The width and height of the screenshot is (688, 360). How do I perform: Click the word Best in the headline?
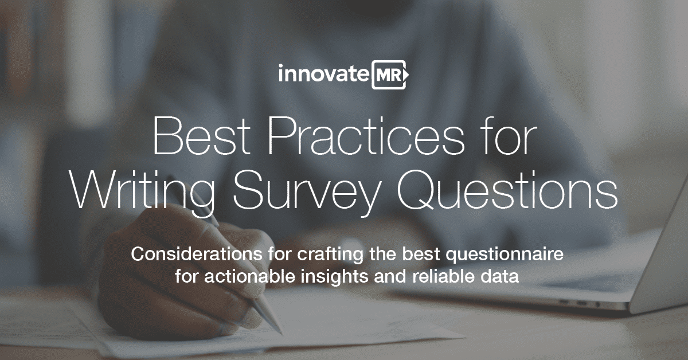pyautogui.click(x=201, y=136)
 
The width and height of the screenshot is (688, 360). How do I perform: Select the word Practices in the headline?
pyautogui.click(x=366, y=136)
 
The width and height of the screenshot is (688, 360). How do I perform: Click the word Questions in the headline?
pyautogui.click(x=507, y=190)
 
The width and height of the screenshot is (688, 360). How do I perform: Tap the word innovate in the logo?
pyautogui.click(x=323, y=74)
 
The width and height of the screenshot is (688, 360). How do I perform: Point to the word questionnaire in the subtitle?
pyautogui.click(x=505, y=255)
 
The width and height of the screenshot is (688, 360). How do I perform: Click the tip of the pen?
pyautogui.click(x=281, y=333)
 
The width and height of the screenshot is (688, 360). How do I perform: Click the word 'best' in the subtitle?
pyautogui.click(x=422, y=254)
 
